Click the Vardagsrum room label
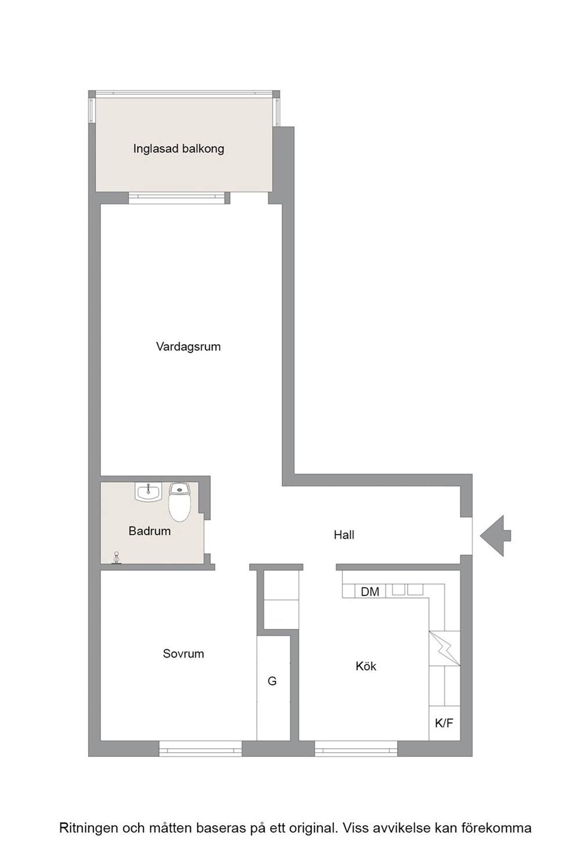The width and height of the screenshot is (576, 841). pyautogui.click(x=188, y=346)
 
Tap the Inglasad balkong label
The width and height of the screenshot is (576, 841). pyautogui.click(x=179, y=149)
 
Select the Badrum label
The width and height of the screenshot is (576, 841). pyautogui.click(x=149, y=531)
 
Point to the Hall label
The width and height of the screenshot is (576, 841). pyautogui.click(x=344, y=535)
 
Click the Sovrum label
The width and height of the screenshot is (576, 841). pyautogui.click(x=183, y=654)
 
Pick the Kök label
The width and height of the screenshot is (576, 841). pyautogui.click(x=366, y=666)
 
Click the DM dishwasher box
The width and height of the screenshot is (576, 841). pyautogui.click(x=370, y=592)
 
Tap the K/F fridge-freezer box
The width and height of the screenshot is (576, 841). pyautogui.click(x=444, y=723)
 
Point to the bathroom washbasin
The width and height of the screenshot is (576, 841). pyautogui.click(x=148, y=491)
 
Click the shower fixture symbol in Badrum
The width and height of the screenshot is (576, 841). pyautogui.click(x=117, y=558)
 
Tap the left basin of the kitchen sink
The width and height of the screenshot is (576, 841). pyautogui.click(x=399, y=590)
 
